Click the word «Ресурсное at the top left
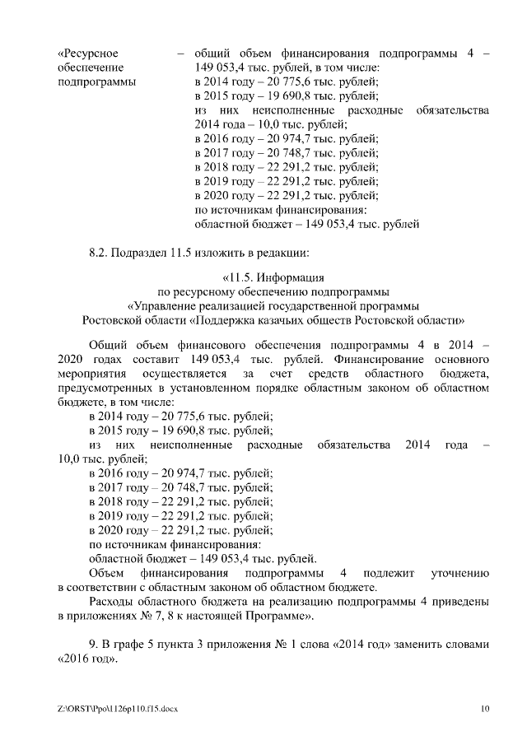[86, 54]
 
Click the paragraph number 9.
[92, 644]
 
